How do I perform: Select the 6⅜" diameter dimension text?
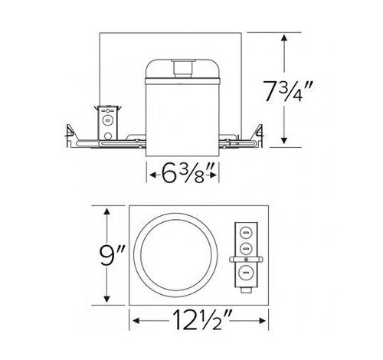tap(184, 173)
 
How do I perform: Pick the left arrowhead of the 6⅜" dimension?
tap(149, 173)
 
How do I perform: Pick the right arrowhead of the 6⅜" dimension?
tap(219, 173)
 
